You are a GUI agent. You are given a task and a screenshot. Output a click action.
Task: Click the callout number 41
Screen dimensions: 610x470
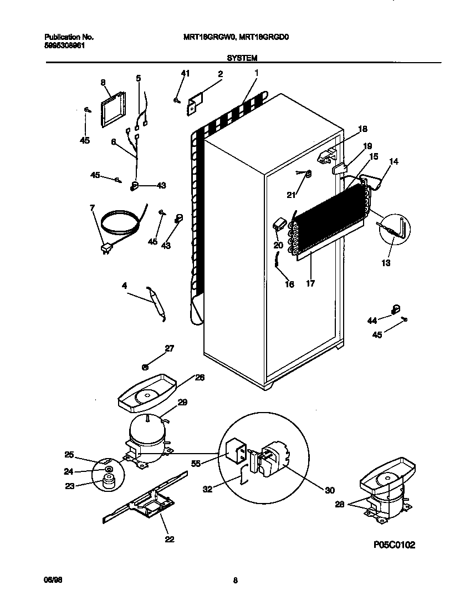click(x=185, y=74)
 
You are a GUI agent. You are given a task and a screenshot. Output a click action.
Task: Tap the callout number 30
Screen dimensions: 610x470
click(x=330, y=490)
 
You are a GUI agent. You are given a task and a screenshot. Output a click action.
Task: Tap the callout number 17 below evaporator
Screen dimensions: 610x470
click(x=310, y=283)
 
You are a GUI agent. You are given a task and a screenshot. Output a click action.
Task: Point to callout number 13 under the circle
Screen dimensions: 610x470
click(x=386, y=262)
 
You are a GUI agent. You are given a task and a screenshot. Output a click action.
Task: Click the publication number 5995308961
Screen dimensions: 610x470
click(x=65, y=47)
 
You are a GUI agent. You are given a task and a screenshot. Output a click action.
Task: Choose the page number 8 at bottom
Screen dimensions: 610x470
click(x=235, y=581)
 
